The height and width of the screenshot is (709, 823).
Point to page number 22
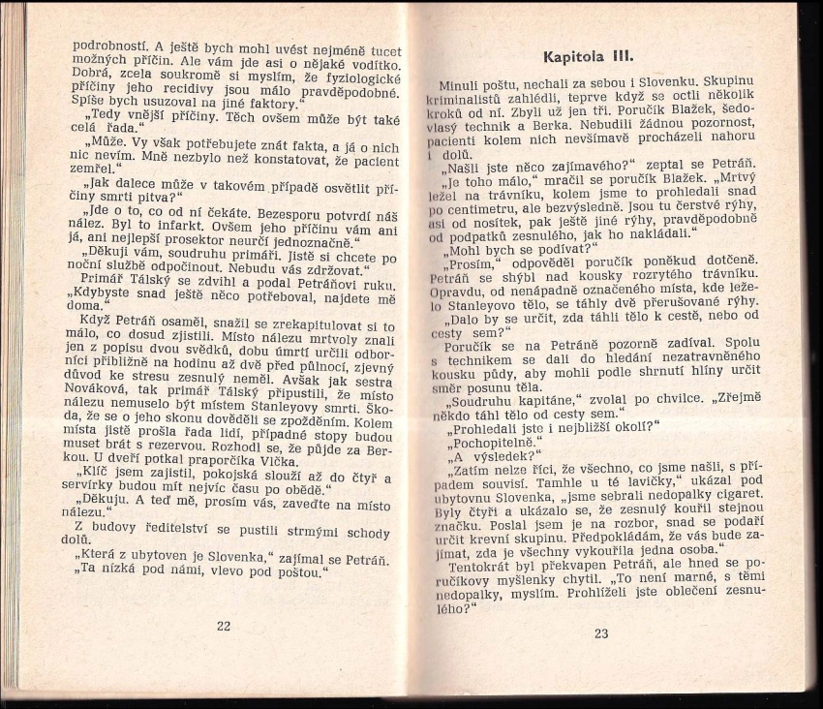pos(224,626)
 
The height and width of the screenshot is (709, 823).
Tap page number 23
pos(601,634)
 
